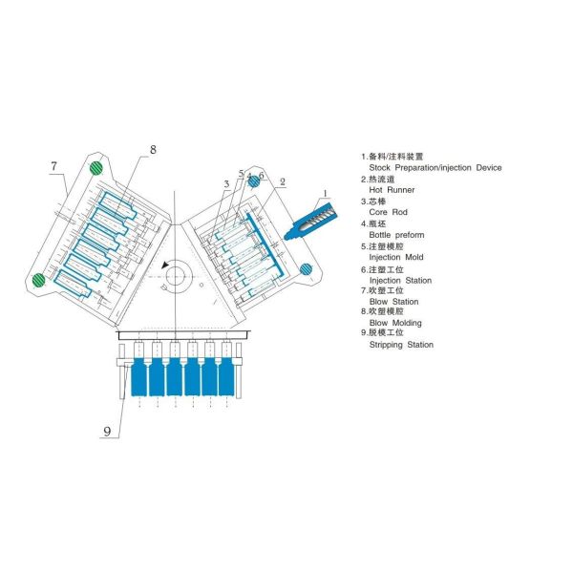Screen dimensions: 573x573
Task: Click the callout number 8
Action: [x=153, y=150]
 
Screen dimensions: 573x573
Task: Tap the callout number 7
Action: [x=53, y=166]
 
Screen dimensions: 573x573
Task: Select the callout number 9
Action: [x=107, y=432]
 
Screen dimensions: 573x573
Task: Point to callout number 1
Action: [x=326, y=193]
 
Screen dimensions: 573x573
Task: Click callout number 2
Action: [x=282, y=181]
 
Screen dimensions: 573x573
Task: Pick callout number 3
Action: [x=226, y=183]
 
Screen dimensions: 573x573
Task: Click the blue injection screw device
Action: [x=311, y=222]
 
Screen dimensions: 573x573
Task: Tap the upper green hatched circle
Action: [x=96, y=168]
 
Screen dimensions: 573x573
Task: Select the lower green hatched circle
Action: [x=39, y=280]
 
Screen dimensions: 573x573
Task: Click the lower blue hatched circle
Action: [x=306, y=269]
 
